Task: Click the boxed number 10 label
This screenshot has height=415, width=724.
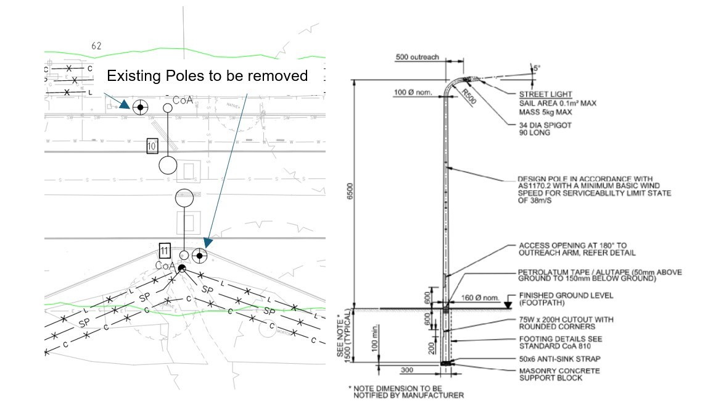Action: [x=153, y=146]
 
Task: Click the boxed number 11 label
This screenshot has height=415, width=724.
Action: [x=164, y=251]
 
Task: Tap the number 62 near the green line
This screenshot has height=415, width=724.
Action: [x=96, y=46]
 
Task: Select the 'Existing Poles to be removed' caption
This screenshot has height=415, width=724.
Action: [x=207, y=76]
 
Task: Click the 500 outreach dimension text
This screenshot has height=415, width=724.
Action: [x=418, y=57]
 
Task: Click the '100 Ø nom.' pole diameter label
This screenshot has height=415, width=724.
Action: [x=415, y=93]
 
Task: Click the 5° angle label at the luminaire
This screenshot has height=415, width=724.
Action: [x=536, y=69]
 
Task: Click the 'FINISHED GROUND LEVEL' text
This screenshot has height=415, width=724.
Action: [x=566, y=296]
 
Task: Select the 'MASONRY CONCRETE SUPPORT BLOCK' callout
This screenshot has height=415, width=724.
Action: [x=559, y=374]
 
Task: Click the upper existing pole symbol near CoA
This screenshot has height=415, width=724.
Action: [x=141, y=107]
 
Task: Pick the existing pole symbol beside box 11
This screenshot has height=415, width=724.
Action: [x=199, y=255]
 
